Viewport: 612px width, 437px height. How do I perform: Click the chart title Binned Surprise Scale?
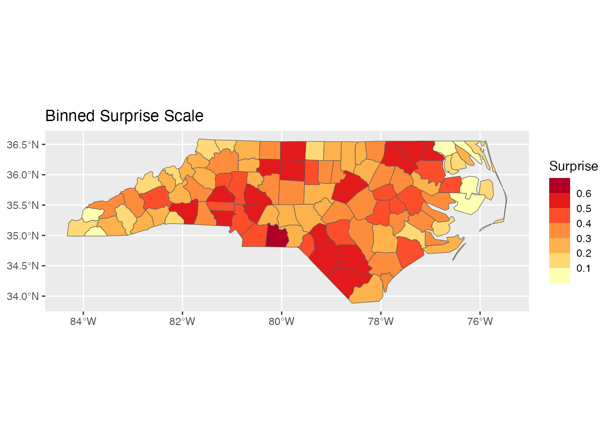click(x=124, y=116)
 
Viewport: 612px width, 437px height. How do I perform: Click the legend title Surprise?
click(x=573, y=166)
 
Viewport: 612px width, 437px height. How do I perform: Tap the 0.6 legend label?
click(x=583, y=193)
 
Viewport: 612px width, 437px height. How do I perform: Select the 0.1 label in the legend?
click(x=583, y=268)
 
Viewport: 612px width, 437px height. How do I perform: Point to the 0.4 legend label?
click(x=583, y=224)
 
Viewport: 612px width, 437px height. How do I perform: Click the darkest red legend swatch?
click(x=559, y=185)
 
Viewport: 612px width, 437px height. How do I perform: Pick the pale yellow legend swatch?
click(x=559, y=276)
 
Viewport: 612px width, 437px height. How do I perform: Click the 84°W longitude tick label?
click(x=83, y=321)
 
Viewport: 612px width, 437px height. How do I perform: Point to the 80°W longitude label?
click(x=281, y=321)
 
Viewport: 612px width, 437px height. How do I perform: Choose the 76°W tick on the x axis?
click(x=480, y=321)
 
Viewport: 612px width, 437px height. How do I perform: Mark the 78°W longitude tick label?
click(x=381, y=321)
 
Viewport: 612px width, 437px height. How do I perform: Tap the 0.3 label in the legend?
click(x=583, y=239)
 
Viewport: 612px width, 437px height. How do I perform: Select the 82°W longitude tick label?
click(x=182, y=321)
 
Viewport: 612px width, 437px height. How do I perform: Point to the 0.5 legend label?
click(x=583, y=208)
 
